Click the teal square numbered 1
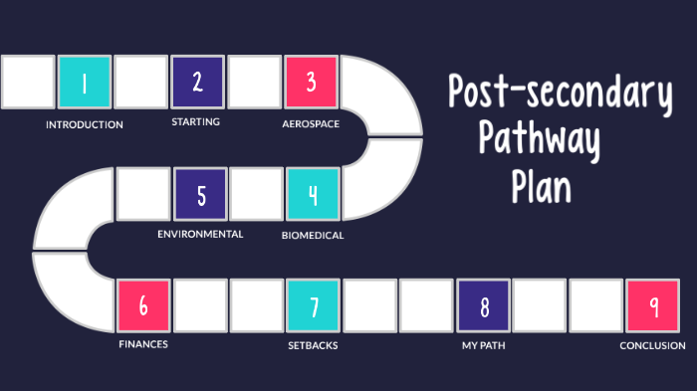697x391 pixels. pos(85,83)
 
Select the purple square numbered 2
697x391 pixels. pos(197,82)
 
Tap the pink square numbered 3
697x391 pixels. pos(311,82)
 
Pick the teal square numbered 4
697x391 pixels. pos(313,193)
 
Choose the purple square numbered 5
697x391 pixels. pos(201,193)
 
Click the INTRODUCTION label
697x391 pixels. pos(85,125)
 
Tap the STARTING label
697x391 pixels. pos(195,121)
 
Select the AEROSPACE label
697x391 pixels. pos(311,124)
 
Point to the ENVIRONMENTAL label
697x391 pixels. pos(200,234)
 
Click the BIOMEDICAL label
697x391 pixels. pos(313,236)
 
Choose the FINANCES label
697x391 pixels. pos(143,344)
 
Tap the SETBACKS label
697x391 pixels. pos(313,346)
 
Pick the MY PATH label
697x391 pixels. pos(484,346)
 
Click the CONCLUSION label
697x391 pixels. pos(652,346)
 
